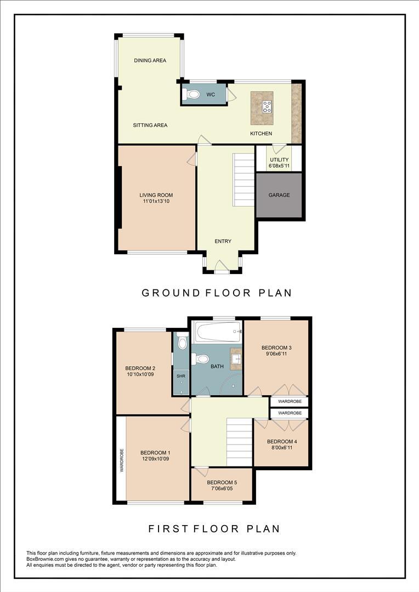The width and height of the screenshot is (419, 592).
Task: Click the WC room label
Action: click(210, 95)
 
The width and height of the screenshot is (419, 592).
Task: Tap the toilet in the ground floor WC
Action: click(192, 94)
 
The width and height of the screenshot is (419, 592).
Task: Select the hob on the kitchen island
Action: click(267, 106)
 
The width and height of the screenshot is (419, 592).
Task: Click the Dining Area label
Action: click(150, 61)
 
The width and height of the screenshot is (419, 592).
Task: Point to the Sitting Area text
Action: click(150, 126)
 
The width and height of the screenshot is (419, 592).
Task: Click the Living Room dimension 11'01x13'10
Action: click(156, 202)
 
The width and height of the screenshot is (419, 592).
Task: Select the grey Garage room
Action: click(279, 196)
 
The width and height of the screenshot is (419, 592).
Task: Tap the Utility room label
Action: click(279, 160)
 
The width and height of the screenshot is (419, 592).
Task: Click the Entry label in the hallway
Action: click(223, 241)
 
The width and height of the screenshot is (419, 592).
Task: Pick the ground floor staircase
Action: click(243, 179)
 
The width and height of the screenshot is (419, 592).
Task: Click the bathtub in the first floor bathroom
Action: click(218, 332)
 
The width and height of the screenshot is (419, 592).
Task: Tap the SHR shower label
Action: click(180, 377)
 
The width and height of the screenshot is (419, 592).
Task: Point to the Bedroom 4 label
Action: click(281, 442)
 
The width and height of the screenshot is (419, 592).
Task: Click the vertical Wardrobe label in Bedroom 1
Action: click(121, 460)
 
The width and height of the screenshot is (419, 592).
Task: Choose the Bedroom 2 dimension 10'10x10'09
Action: click(140, 375)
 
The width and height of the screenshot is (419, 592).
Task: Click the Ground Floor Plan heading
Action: click(217, 293)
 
